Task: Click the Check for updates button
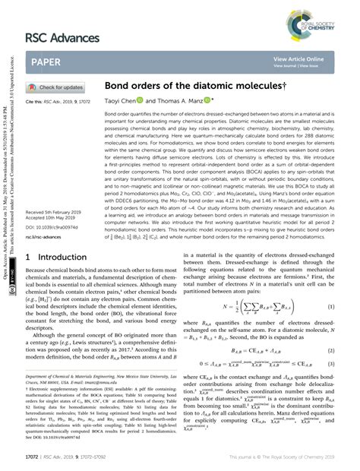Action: point(56,87)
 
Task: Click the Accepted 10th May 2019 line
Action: point(49,217)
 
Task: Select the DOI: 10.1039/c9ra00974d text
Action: point(52,226)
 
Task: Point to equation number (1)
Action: point(331,306)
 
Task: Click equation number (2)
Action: point(331,352)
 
